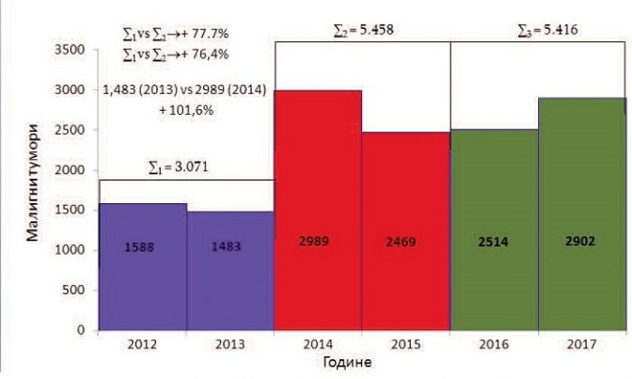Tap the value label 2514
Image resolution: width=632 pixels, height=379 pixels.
(495, 242)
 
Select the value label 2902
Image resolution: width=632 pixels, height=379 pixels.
(583, 242)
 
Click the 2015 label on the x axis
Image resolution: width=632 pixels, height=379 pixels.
(406, 343)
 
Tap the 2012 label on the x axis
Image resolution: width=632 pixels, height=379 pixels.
(142, 343)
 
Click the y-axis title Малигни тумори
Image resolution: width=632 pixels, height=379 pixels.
(33, 188)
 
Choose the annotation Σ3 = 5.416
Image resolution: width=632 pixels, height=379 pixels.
(547, 30)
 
